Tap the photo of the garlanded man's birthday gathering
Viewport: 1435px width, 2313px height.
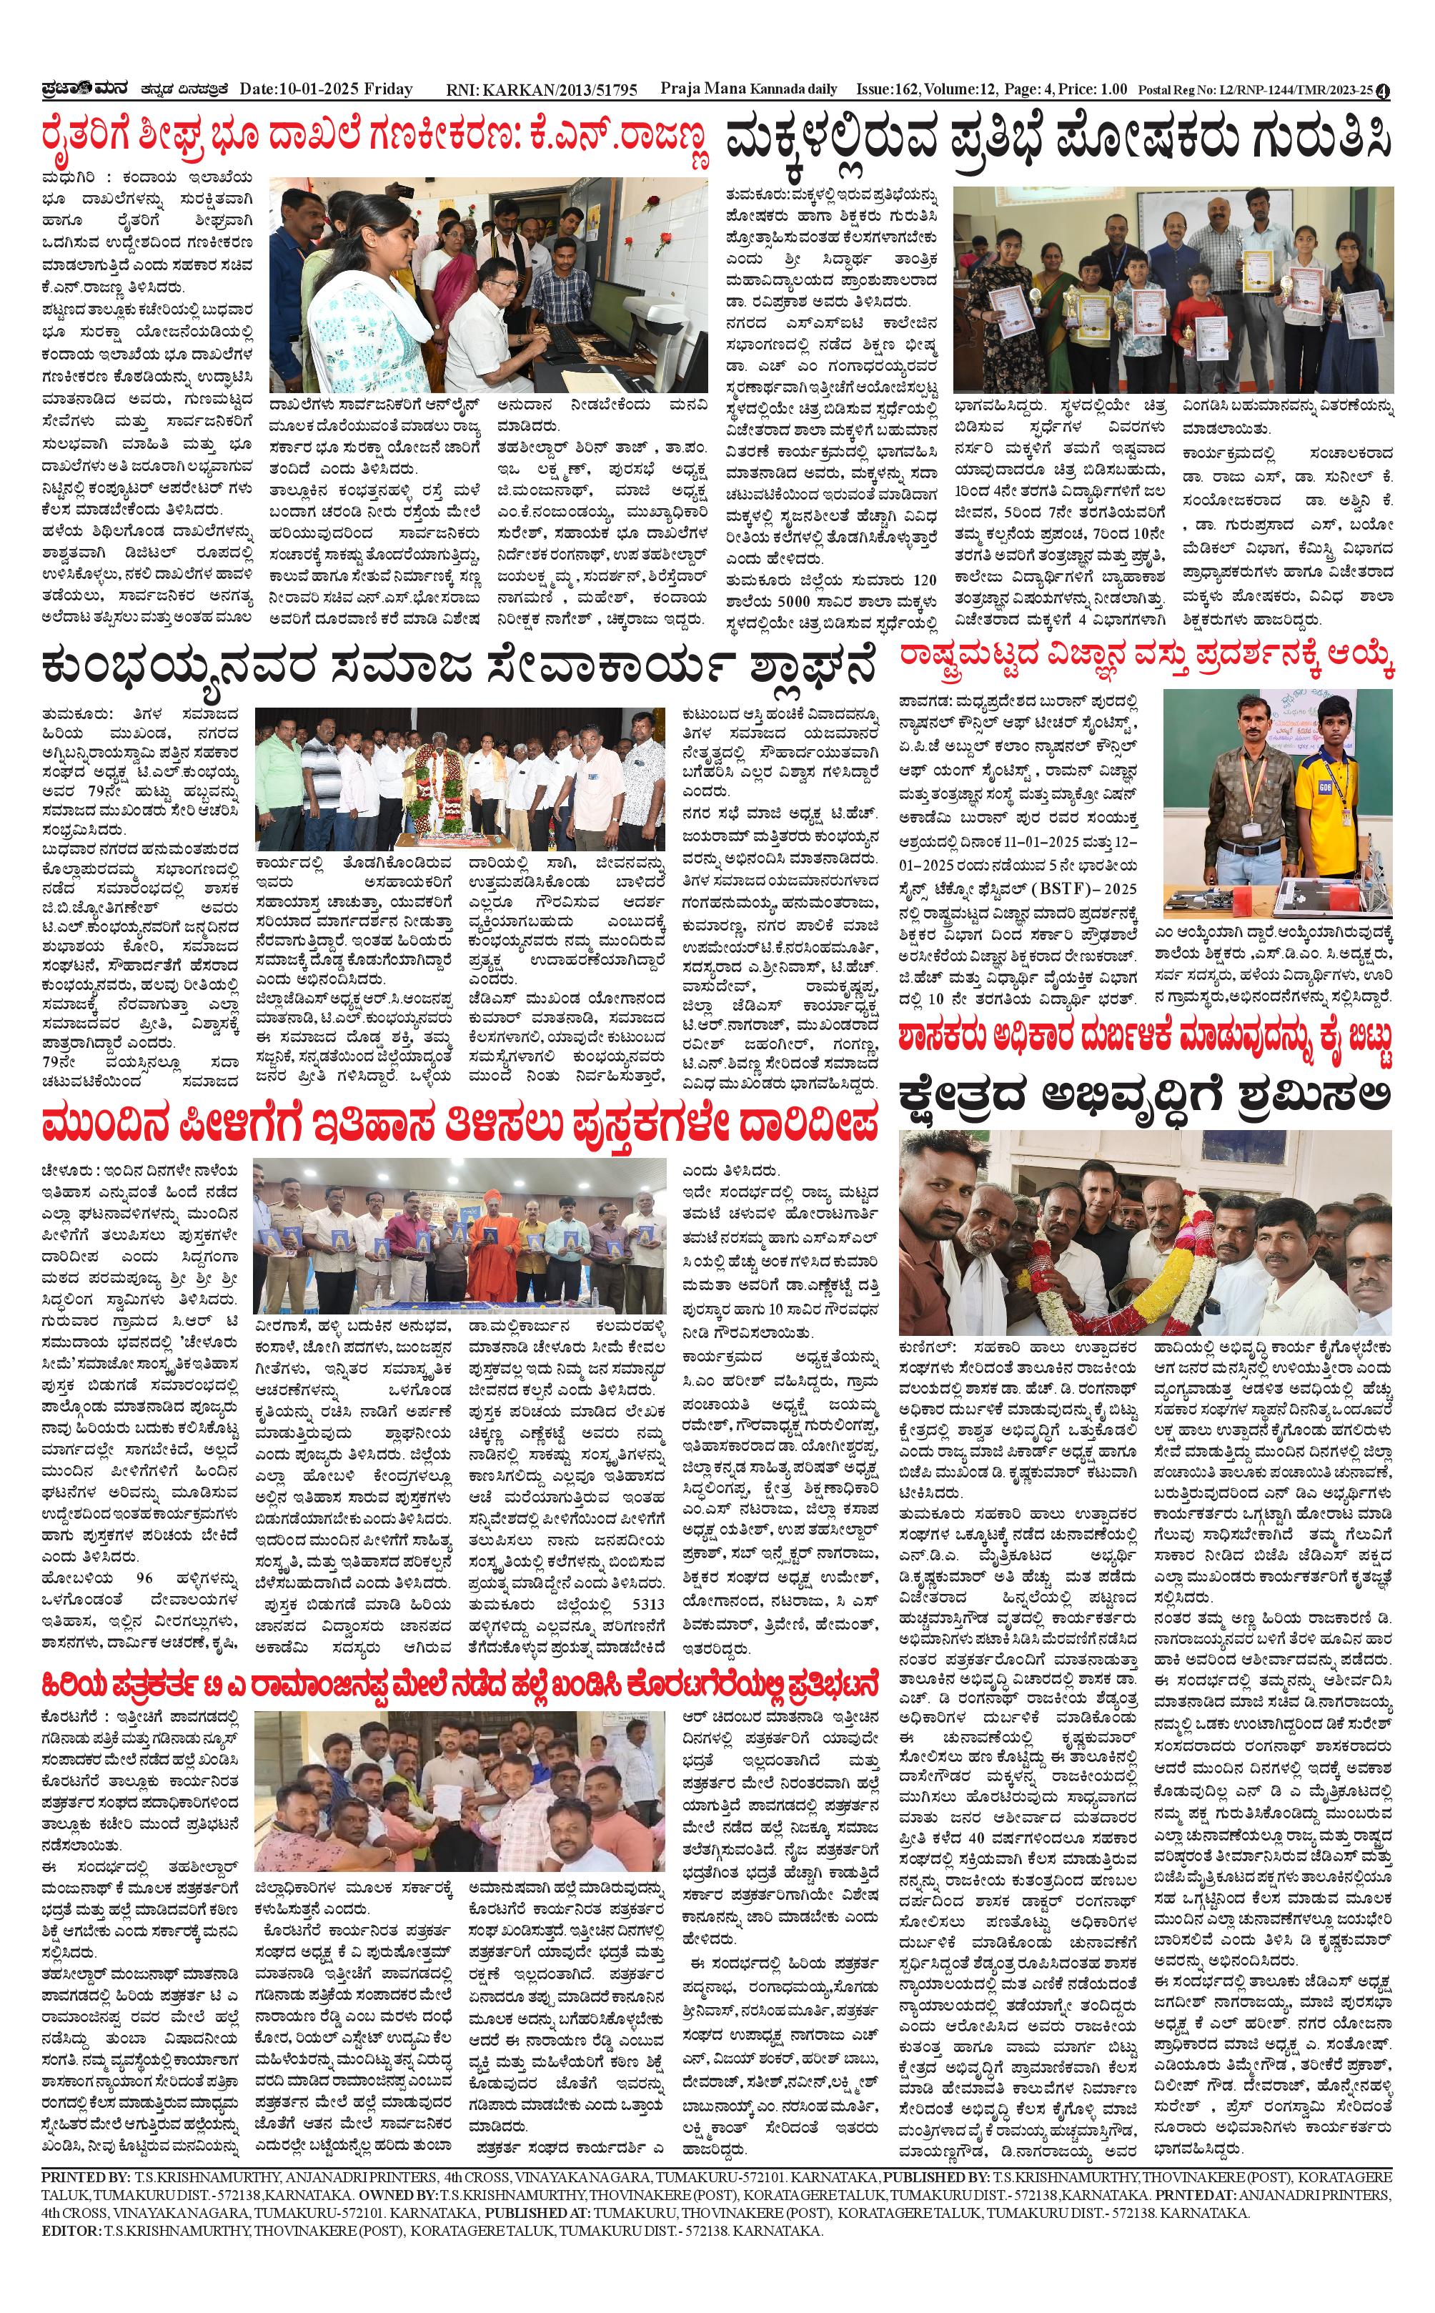point(460,778)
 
